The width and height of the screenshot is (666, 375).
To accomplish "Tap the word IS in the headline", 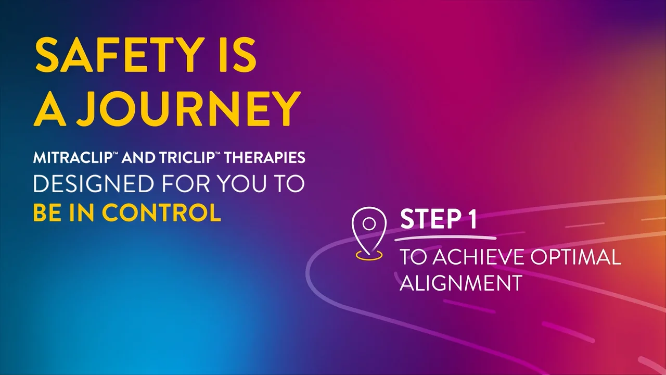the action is (x=237, y=55).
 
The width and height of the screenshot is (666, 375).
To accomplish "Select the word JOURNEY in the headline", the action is (x=188, y=109).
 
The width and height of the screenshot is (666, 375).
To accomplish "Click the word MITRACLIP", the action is (x=72, y=157).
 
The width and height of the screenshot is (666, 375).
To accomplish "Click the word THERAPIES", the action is (x=264, y=157).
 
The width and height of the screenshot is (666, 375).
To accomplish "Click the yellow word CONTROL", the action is (x=161, y=212).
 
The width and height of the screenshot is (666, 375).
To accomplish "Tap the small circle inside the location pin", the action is (x=369, y=224).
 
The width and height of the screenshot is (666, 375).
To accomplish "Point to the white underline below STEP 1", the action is (x=445, y=238).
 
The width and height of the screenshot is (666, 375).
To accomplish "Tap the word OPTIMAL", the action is (x=576, y=257).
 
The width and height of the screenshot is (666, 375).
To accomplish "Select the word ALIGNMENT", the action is (x=461, y=282).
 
